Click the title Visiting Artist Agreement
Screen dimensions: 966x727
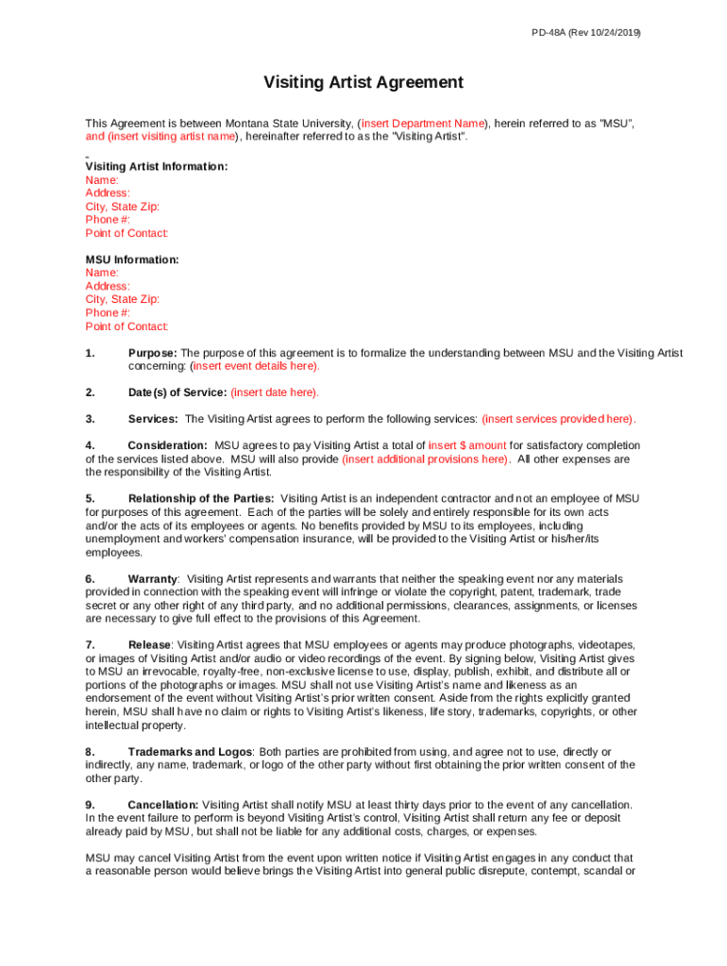click(363, 83)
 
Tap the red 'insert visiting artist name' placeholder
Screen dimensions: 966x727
click(173, 137)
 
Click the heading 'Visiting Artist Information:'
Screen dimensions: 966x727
click(156, 167)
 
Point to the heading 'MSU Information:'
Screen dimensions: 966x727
click(132, 259)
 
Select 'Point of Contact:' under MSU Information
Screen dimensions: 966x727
click(127, 326)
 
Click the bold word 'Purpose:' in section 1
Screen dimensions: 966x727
click(152, 353)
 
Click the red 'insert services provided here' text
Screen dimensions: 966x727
click(558, 419)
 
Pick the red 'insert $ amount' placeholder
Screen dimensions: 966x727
click(467, 445)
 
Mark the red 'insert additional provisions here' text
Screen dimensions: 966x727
click(426, 459)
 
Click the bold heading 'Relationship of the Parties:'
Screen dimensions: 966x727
click(201, 498)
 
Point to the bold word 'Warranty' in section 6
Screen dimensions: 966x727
click(152, 578)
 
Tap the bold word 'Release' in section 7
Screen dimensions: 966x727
click(149, 645)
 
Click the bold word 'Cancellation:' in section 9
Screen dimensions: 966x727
click(162, 805)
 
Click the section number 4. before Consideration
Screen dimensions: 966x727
click(90, 445)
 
